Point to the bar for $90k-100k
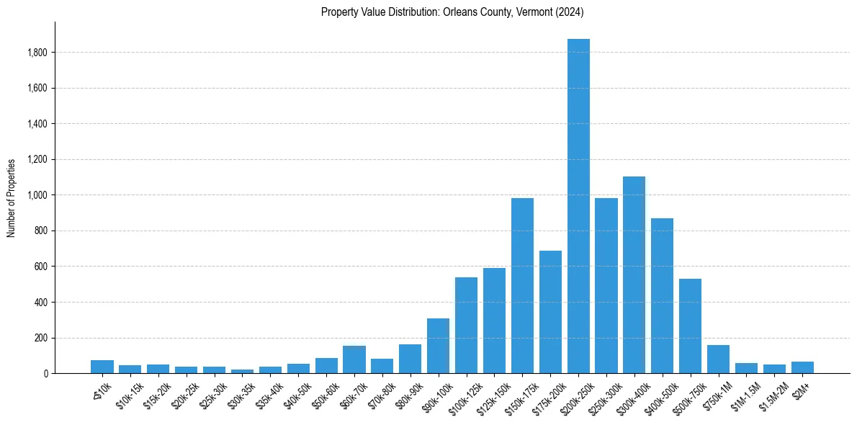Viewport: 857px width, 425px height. point(438,346)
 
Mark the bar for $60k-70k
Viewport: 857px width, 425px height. point(354,359)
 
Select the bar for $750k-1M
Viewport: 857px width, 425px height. point(718,359)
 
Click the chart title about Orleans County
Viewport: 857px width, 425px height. point(452,12)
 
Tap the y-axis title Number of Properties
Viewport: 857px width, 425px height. point(12,198)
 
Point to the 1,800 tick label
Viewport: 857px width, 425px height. point(37,53)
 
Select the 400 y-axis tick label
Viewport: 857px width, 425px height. point(42,302)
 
